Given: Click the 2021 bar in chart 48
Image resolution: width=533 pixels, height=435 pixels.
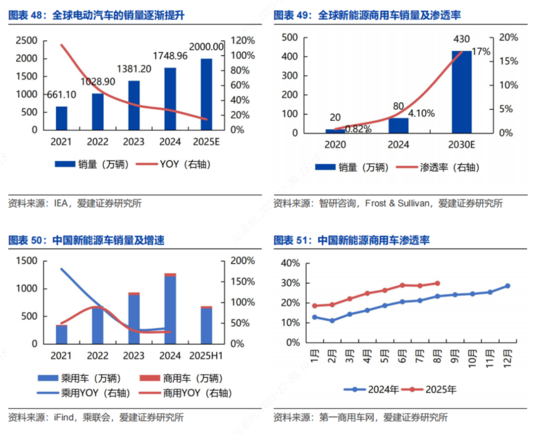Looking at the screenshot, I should point(61,118).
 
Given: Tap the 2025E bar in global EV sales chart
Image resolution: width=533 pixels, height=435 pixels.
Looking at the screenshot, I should point(206,94).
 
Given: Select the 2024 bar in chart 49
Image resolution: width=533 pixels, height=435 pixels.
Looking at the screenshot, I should point(398,125).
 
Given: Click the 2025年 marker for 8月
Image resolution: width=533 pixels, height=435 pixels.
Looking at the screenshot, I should point(437,283).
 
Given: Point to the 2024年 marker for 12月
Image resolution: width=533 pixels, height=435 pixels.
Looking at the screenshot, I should point(507,286).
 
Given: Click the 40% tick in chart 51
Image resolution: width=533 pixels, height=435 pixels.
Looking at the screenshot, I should point(290,263).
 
